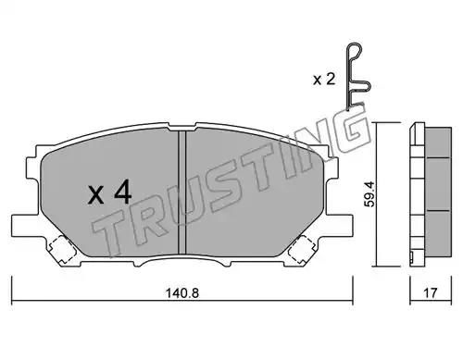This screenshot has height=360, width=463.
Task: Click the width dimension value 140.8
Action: [182, 293]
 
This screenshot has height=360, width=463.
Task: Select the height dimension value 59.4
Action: [369, 194]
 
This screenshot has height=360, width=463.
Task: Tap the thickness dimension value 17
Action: [431, 293]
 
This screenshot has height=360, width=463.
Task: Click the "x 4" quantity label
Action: [110, 192]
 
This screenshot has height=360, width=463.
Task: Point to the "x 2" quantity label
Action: [324, 80]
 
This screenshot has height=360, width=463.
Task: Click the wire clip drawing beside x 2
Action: [357, 76]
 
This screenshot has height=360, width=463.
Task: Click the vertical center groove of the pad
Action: [182, 192]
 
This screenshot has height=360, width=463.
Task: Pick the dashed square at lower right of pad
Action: [301, 249]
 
